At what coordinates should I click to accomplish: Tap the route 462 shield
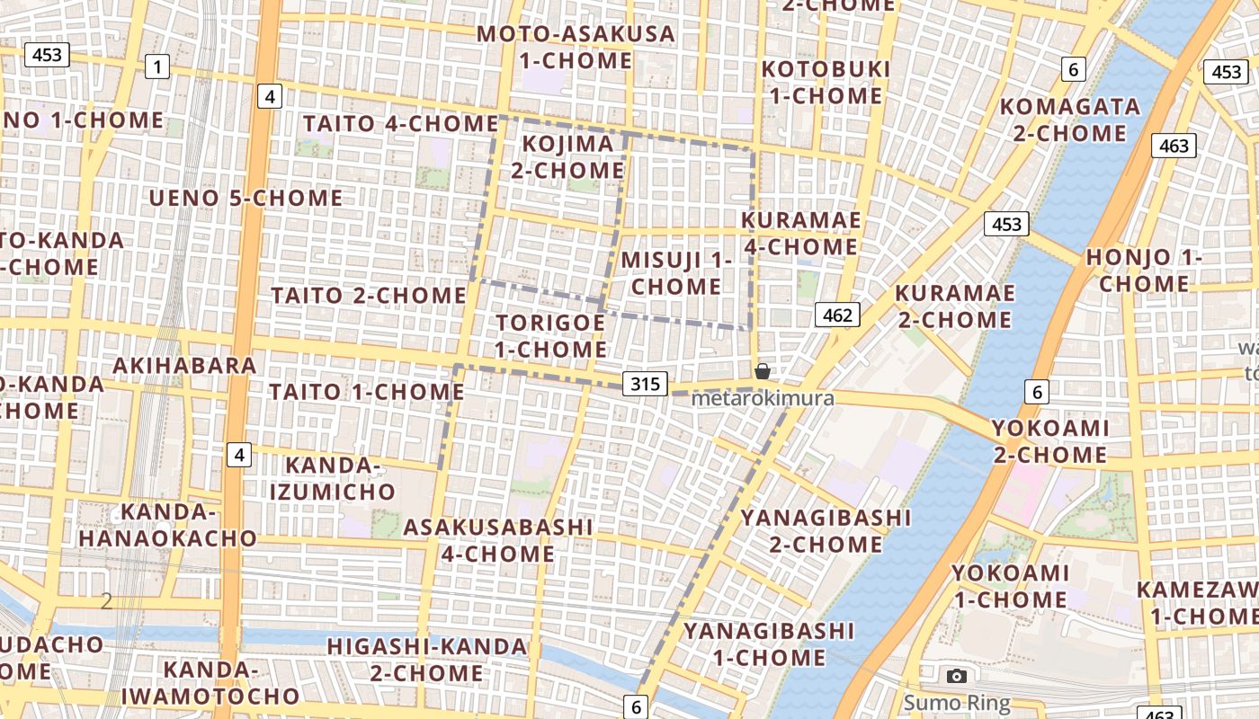pos(837,315)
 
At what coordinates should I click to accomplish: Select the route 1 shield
pos(158,66)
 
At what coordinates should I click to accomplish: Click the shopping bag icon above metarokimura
pos(762,370)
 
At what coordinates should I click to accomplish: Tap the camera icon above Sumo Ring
pos(957,676)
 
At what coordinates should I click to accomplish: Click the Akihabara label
pos(184,365)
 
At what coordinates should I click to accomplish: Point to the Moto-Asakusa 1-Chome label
pos(576,48)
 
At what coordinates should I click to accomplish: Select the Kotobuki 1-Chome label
pos(826,82)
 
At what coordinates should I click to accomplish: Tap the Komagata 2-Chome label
pos(1070,120)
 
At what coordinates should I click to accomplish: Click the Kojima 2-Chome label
pos(567,156)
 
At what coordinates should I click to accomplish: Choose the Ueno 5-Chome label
pos(246,198)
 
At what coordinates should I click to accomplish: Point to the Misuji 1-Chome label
pos(676,273)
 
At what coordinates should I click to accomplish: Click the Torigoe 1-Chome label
pos(550,335)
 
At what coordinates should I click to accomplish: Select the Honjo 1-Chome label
pos(1144,271)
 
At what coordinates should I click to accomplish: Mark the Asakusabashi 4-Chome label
pos(498,540)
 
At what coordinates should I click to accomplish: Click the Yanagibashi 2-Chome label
pos(825,530)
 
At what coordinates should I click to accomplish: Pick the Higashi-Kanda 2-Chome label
pos(427,659)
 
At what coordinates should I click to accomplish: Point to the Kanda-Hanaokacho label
pos(167,525)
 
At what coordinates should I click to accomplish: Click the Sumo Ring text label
pos(957,703)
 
